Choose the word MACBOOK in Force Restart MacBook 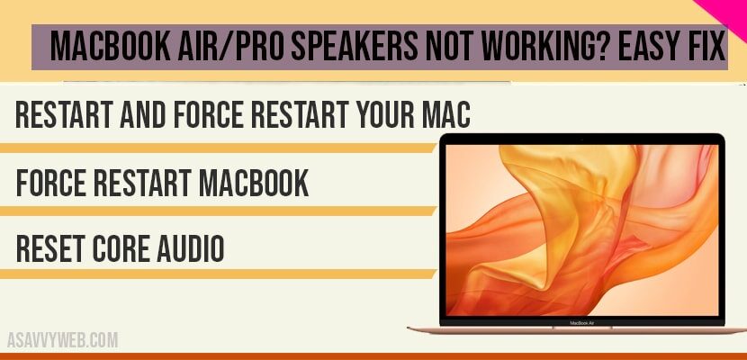248,183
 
